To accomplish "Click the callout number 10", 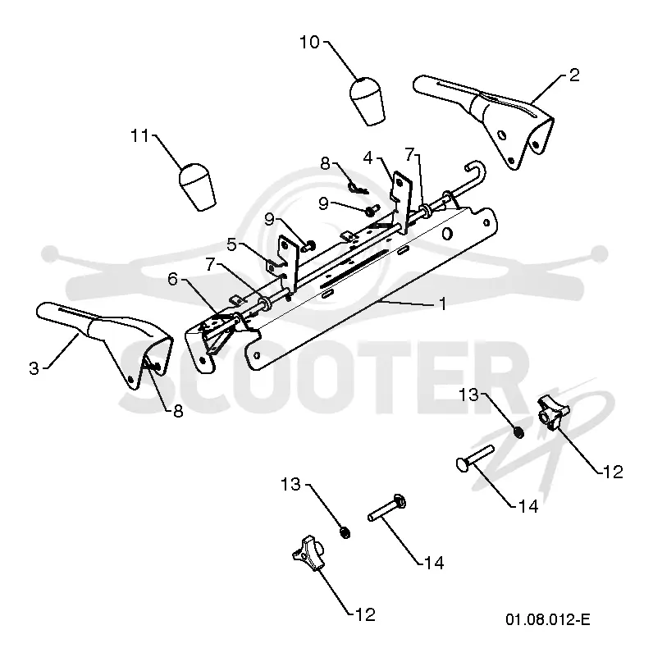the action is pyautogui.click(x=310, y=43).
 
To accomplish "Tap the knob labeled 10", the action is pyautogui.click(x=367, y=101).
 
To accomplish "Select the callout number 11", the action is pyautogui.click(x=140, y=136).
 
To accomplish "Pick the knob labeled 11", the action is pyautogui.click(x=197, y=186).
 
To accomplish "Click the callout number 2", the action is pyautogui.click(x=574, y=75).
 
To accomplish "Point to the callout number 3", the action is pyautogui.click(x=34, y=368).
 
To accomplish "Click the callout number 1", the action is pyautogui.click(x=443, y=304).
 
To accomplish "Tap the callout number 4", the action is pyautogui.click(x=368, y=158).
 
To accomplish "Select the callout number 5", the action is pyautogui.click(x=231, y=245).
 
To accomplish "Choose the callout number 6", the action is pyautogui.click(x=172, y=280).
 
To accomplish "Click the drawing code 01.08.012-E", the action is pyautogui.click(x=548, y=619).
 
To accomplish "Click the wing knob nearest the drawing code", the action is pyautogui.click(x=553, y=413).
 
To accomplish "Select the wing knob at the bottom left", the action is pyautogui.click(x=308, y=552).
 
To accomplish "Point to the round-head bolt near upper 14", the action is pyautogui.click(x=475, y=459).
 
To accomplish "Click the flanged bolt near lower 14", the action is pyautogui.click(x=386, y=508).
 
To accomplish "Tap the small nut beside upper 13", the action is pyautogui.click(x=519, y=432).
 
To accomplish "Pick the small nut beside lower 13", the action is pyautogui.click(x=345, y=532).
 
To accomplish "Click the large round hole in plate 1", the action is pyautogui.click(x=446, y=234).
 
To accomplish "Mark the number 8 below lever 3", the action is pyautogui.click(x=178, y=411).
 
